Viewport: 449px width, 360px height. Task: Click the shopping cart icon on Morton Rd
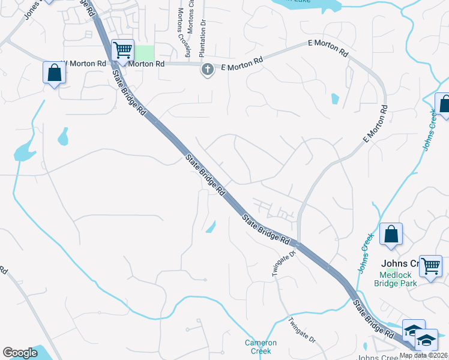(122, 50)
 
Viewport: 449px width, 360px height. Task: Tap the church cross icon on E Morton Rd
(207, 69)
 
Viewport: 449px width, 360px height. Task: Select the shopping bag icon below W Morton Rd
(54, 73)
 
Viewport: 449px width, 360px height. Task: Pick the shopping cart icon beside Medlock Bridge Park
(430, 266)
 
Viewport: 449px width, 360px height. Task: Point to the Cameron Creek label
(261, 347)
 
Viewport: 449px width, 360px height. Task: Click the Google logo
(20, 353)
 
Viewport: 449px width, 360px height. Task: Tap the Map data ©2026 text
(423, 355)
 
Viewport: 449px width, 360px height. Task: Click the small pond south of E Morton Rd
(335, 98)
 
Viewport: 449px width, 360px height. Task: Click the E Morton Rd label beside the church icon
(243, 61)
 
